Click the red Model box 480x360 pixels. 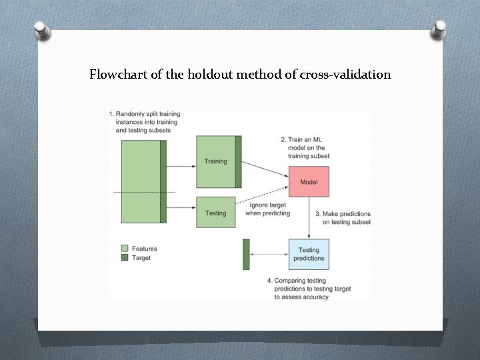click(x=309, y=182)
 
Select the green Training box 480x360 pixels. click(x=215, y=161)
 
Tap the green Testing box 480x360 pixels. click(x=215, y=213)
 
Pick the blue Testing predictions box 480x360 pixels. click(x=309, y=254)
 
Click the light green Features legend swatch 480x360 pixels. click(x=125, y=249)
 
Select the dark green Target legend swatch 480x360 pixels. click(x=125, y=258)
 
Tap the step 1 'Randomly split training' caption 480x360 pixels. click(x=145, y=122)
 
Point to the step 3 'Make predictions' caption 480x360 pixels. click(x=343, y=218)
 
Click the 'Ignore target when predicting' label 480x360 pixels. click(x=267, y=209)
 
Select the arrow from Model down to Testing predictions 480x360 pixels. click(x=309, y=217)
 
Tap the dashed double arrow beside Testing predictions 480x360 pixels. click(x=269, y=254)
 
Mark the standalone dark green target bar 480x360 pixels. click(x=246, y=254)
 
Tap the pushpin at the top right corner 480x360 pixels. click(x=439, y=29)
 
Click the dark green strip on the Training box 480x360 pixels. click(x=238, y=161)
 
